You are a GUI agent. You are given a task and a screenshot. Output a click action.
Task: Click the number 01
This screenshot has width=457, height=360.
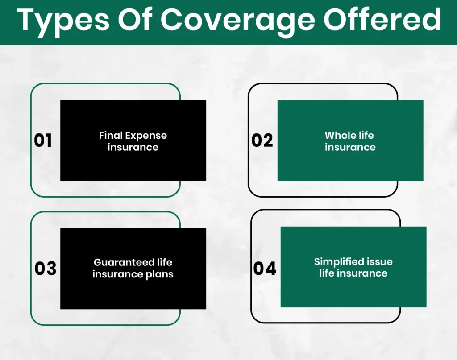click(x=43, y=141)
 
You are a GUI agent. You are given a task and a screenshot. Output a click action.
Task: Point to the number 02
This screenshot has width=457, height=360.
click(x=262, y=141)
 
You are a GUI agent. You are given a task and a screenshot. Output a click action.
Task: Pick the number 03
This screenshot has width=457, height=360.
click(x=46, y=269)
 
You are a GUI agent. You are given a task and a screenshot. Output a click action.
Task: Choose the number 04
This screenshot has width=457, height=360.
click(x=265, y=269)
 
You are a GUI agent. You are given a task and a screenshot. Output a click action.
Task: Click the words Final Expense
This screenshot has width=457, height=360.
click(x=133, y=135)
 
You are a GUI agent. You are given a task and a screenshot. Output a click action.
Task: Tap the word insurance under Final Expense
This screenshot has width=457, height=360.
click(x=133, y=147)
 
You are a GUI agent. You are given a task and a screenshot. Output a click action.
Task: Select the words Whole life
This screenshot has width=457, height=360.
click(x=350, y=135)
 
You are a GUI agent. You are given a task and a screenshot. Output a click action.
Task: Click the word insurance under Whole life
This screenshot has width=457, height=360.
click(x=350, y=147)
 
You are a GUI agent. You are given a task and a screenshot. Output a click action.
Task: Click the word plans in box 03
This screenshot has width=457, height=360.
click(x=159, y=274)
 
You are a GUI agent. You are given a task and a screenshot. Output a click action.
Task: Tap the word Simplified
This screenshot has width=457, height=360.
click(x=337, y=262)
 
